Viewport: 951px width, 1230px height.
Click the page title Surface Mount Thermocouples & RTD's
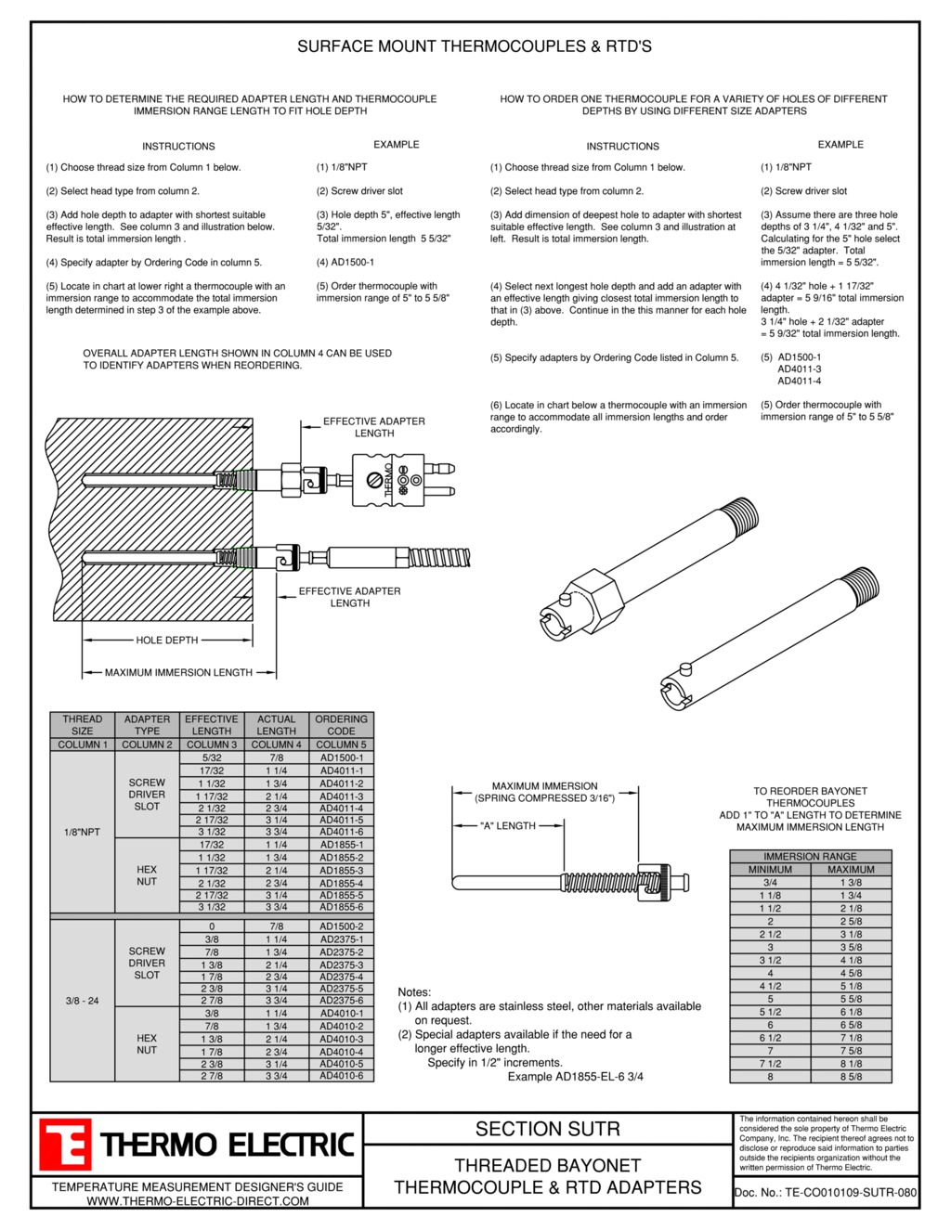[475, 46]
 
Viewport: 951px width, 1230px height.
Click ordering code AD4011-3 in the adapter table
[342, 796]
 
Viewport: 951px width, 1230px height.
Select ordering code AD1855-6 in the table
[342, 907]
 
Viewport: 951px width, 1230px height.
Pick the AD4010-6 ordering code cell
[342, 1076]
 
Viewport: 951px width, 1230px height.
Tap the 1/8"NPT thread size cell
[82, 832]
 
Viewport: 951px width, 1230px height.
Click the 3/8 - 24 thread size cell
[82, 1001]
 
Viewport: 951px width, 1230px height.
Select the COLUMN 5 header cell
[342, 744]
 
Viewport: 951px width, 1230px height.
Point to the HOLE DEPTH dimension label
[167, 640]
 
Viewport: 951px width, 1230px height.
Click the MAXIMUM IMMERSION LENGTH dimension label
[178, 672]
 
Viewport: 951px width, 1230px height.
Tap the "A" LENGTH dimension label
[508, 825]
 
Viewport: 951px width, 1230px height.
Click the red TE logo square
[64, 1145]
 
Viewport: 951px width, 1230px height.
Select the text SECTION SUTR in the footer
[547, 1129]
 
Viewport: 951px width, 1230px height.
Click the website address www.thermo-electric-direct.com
[198, 1201]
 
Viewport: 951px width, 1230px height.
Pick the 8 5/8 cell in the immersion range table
[851, 1077]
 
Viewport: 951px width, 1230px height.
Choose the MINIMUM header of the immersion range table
[770, 870]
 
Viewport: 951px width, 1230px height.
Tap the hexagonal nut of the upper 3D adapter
[594, 602]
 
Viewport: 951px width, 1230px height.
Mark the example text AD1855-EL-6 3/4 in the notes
[575, 1077]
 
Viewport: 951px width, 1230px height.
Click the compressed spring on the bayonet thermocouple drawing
[600, 881]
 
